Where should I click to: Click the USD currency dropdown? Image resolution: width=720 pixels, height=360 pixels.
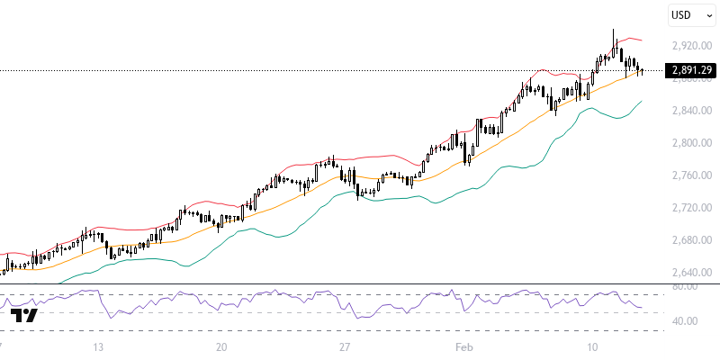click(x=690, y=15)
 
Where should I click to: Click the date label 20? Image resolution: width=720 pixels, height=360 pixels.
click(x=221, y=346)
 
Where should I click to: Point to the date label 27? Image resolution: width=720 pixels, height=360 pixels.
click(x=345, y=346)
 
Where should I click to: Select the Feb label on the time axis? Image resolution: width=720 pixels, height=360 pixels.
click(x=463, y=346)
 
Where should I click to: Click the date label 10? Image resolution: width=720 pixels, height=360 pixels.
click(x=591, y=346)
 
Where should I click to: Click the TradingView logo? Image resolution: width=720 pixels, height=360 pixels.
click(x=24, y=315)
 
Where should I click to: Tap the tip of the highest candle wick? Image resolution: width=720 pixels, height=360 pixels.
click(x=614, y=30)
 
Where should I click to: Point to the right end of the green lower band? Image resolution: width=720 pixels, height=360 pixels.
click(x=642, y=102)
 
